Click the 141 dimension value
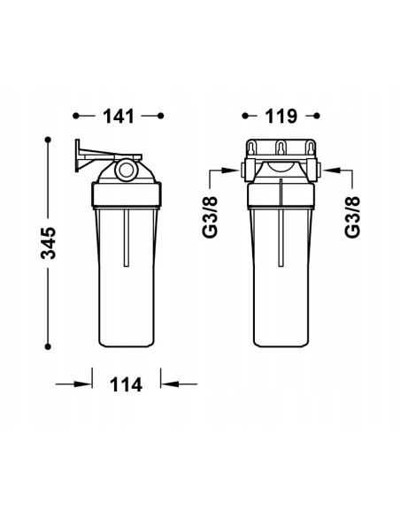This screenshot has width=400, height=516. [x=119, y=116]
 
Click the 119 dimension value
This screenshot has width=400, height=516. [x=281, y=116]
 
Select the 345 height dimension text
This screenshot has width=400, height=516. [x=48, y=243]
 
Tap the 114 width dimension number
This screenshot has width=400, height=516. [x=126, y=384]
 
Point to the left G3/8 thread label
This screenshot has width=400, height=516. [x=211, y=216]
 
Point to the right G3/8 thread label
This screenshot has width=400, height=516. [x=352, y=217]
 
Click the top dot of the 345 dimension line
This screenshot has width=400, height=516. [x=48, y=140]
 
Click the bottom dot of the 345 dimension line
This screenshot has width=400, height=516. [x=48, y=346]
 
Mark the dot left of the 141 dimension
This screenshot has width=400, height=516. [x=76, y=116]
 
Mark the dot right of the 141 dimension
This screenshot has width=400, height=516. [x=161, y=116]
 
